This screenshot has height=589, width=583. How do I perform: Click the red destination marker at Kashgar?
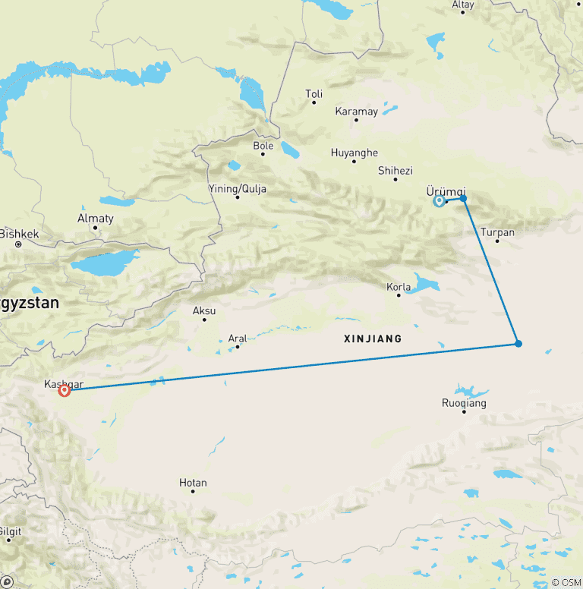(x=65, y=390)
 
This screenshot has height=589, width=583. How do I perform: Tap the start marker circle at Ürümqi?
(x=439, y=201)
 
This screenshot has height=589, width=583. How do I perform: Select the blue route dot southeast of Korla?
(x=518, y=344)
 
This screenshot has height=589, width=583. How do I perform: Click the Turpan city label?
(x=498, y=232)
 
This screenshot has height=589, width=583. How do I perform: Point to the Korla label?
(x=399, y=287)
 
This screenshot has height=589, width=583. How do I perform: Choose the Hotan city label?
(x=193, y=483)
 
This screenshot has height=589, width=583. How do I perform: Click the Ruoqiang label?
(x=464, y=403)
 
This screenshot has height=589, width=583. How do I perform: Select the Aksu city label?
(x=204, y=310)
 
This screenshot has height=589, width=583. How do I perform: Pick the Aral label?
(x=238, y=339)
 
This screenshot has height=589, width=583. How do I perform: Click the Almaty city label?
(x=96, y=219)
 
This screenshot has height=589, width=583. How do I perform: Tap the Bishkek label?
(x=18, y=234)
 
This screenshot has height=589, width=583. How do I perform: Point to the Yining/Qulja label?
(x=237, y=188)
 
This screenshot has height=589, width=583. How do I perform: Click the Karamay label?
(x=356, y=112)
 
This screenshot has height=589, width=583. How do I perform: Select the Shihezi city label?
(x=395, y=171)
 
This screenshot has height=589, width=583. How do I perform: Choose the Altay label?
(x=462, y=5)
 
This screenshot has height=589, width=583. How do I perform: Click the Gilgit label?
(x=9, y=531)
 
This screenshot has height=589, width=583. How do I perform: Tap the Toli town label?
(x=314, y=94)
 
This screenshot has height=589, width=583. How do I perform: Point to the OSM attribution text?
(x=566, y=582)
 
